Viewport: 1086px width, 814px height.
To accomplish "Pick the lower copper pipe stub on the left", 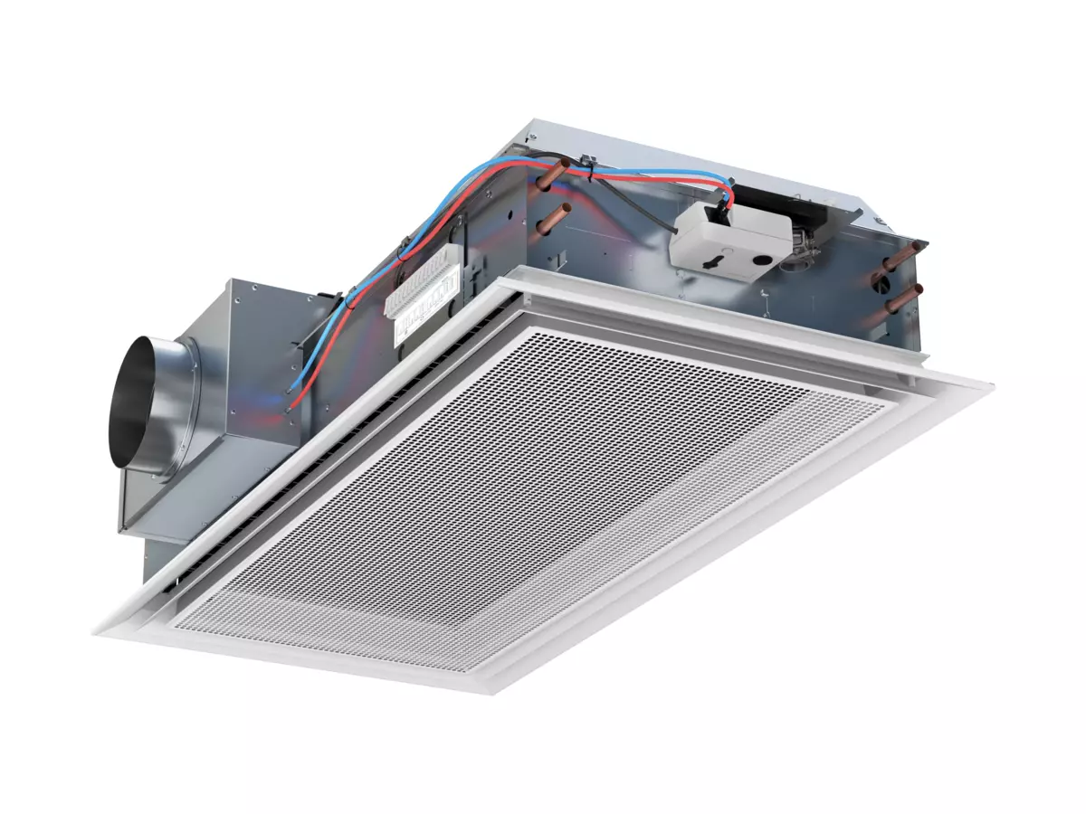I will pos(553,217).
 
